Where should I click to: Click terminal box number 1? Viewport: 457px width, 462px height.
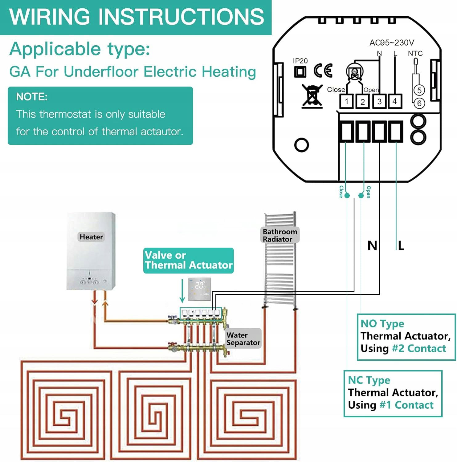pos(347,101)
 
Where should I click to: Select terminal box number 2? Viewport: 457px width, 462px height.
pos(363,101)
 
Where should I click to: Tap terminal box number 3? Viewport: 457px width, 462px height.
pos(379,101)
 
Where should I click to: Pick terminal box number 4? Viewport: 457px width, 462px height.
pos(394,101)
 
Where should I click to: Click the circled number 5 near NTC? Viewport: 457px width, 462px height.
pos(419,90)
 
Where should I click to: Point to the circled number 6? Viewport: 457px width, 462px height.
pos(419,103)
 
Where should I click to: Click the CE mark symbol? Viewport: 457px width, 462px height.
pos(323,71)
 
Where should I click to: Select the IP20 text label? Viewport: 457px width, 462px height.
pos(300,61)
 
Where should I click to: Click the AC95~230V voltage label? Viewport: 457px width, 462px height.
pos(392,43)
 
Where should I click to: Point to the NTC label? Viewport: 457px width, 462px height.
pos(415,53)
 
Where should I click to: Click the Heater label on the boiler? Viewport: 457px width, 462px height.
pos(91,237)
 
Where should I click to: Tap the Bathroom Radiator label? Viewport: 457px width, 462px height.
pos(280,235)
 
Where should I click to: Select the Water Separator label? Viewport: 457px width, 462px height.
pos(243,339)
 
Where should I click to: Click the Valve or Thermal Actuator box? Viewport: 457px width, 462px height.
pos(188,260)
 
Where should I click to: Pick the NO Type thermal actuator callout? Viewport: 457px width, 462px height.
pos(406,337)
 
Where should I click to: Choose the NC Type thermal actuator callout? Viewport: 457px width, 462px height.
pos(393,393)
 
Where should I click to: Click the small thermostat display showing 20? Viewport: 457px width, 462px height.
pos(199,289)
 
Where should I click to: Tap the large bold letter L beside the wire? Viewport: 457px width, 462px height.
pos(401,246)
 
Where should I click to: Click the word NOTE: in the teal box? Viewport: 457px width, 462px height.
pos(32,97)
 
